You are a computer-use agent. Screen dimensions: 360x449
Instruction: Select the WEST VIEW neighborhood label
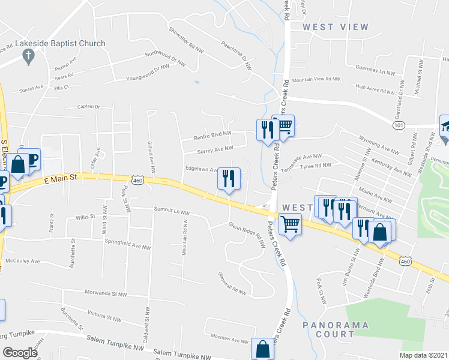335,27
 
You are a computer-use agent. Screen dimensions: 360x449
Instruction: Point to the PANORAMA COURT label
328,329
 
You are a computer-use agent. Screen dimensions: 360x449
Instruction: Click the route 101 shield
399,125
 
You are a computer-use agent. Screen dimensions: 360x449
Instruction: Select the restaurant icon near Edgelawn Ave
229,178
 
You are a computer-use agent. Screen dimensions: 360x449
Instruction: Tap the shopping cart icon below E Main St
291,224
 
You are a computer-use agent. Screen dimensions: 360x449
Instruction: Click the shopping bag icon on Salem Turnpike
263,348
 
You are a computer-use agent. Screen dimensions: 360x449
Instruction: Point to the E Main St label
61,178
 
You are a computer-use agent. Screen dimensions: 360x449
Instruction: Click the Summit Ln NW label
172,212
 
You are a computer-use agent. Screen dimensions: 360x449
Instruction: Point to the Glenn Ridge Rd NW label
246,235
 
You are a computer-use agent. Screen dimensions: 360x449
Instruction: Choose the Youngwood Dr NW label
147,73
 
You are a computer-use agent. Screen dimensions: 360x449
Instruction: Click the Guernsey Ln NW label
375,70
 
